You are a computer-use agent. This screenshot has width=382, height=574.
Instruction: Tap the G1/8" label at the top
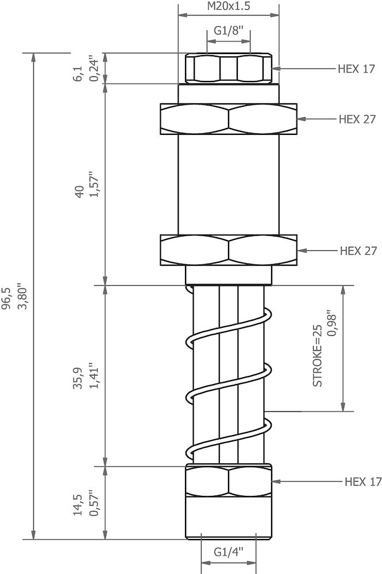click(229, 30)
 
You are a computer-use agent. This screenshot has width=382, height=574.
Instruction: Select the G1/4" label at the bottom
click(229, 552)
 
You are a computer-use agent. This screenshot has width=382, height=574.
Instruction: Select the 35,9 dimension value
click(78, 378)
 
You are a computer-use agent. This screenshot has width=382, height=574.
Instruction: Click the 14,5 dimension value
click(78, 505)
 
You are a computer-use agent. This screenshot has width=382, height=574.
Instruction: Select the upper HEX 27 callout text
click(357, 119)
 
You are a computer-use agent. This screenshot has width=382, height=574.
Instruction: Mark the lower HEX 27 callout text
click(357, 251)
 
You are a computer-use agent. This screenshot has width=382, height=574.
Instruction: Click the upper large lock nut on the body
click(229, 119)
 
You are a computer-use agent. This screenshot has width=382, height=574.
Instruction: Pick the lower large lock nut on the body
click(229, 251)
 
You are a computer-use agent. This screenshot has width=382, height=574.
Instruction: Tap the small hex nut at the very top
click(229, 68)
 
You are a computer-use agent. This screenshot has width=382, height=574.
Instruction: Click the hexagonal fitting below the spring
click(229, 481)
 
